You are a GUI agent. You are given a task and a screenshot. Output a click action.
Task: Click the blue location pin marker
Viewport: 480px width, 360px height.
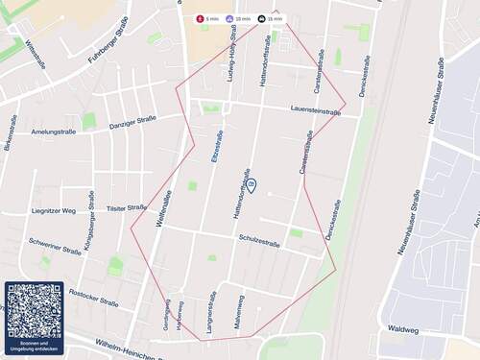(251, 184)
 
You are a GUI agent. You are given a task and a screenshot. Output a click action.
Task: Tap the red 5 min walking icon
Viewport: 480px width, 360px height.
(200, 18)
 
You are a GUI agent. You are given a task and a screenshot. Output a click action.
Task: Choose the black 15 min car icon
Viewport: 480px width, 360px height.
(261, 18)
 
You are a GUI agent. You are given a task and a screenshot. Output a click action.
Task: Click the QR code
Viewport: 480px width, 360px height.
(35, 311)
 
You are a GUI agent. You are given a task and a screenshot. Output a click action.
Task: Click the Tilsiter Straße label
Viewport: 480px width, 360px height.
(126, 207)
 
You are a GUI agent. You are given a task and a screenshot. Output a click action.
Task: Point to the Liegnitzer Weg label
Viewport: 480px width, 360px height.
(53, 210)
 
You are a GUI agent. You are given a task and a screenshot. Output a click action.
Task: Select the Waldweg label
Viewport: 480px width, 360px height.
(403, 329)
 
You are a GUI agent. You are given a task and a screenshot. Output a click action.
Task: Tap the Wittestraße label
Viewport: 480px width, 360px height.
(36, 54)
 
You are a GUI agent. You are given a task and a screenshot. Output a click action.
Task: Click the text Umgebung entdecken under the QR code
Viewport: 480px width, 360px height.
(35, 348)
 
